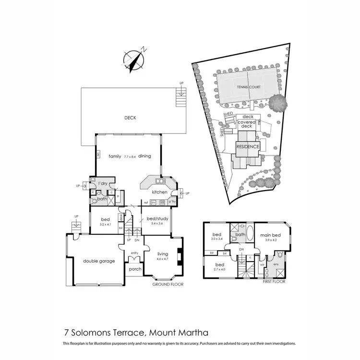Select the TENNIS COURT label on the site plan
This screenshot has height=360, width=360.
point(247,87)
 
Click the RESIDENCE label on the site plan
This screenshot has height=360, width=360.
point(248,146)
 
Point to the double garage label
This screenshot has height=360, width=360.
point(98,261)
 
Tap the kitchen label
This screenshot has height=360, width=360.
point(159,192)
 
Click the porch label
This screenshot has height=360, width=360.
point(135,269)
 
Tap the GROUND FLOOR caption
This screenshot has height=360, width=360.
point(168,284)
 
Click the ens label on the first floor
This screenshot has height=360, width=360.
point(276,264)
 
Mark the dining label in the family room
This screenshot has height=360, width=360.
point(145,156)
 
